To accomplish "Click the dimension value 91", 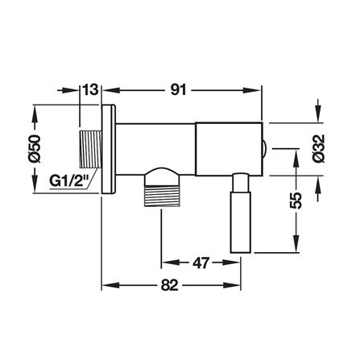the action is (x=178, y=90).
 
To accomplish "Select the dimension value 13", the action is (x=90, y=90).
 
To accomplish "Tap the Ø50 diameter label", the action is (x=35, y=149).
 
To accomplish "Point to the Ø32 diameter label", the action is (x=319, y=148).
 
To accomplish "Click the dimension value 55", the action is (x=296, y=201).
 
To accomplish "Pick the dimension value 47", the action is (x=201, y=263).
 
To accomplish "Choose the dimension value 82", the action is (x=169, y=285).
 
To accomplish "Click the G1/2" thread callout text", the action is (x=69, y=181).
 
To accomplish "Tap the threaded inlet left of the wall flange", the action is (x=90, y=149).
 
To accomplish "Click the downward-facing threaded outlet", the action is (x=162, y=188).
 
